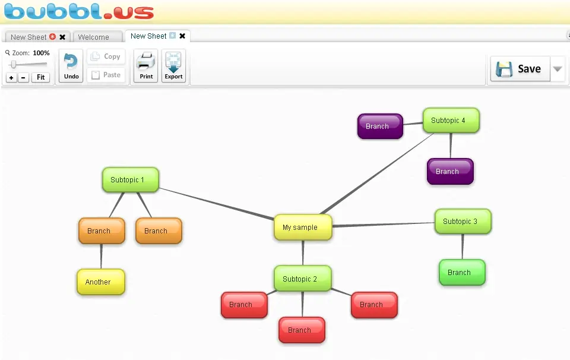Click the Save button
520,68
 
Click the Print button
146,66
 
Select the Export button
173,66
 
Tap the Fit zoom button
41,77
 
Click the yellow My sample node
303,228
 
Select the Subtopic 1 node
131,179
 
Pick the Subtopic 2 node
302,279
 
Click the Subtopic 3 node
463,221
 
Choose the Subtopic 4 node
451,121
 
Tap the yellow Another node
101,282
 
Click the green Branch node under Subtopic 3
462,272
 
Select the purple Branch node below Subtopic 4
450,171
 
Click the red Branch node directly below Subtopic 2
302,330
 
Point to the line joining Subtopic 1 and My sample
216,204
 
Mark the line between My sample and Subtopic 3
384,225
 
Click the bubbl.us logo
79,11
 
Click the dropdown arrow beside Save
558,68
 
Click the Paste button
106,75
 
